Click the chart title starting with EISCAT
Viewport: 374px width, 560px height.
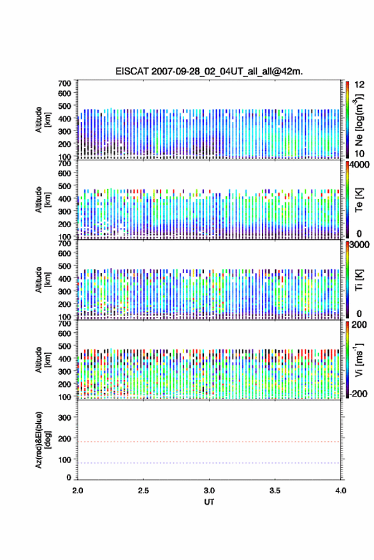pos(209,71)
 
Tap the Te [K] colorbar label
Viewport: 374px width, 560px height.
pos(359,200)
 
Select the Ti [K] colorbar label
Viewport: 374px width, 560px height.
pos(359,279)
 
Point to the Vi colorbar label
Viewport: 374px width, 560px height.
pos(359,360)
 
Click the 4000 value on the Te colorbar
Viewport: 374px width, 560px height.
pos(359,165)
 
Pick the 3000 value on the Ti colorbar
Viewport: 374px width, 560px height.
pos(359,244)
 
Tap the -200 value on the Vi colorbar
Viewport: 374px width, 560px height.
pos(358,393)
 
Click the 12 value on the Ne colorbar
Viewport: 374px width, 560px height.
pos(359,85)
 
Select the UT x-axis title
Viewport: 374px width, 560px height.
pos(209,502)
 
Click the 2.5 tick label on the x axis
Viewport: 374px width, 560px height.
pos(143,491)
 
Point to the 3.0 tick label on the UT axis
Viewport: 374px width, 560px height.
pos(209,491)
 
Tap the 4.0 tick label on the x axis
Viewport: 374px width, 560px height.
pos(341,491)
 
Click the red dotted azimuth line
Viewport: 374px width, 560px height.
pos(209,442)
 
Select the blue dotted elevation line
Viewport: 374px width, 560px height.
pos(209,463)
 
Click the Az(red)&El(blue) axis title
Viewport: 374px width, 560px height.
pos(43,440)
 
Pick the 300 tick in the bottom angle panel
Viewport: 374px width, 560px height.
pos(64,417)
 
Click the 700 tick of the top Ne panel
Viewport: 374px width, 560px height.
pos(64,83)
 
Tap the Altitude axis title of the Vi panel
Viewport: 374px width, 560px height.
pos(43,360)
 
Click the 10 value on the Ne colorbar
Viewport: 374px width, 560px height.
pos(359,153)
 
